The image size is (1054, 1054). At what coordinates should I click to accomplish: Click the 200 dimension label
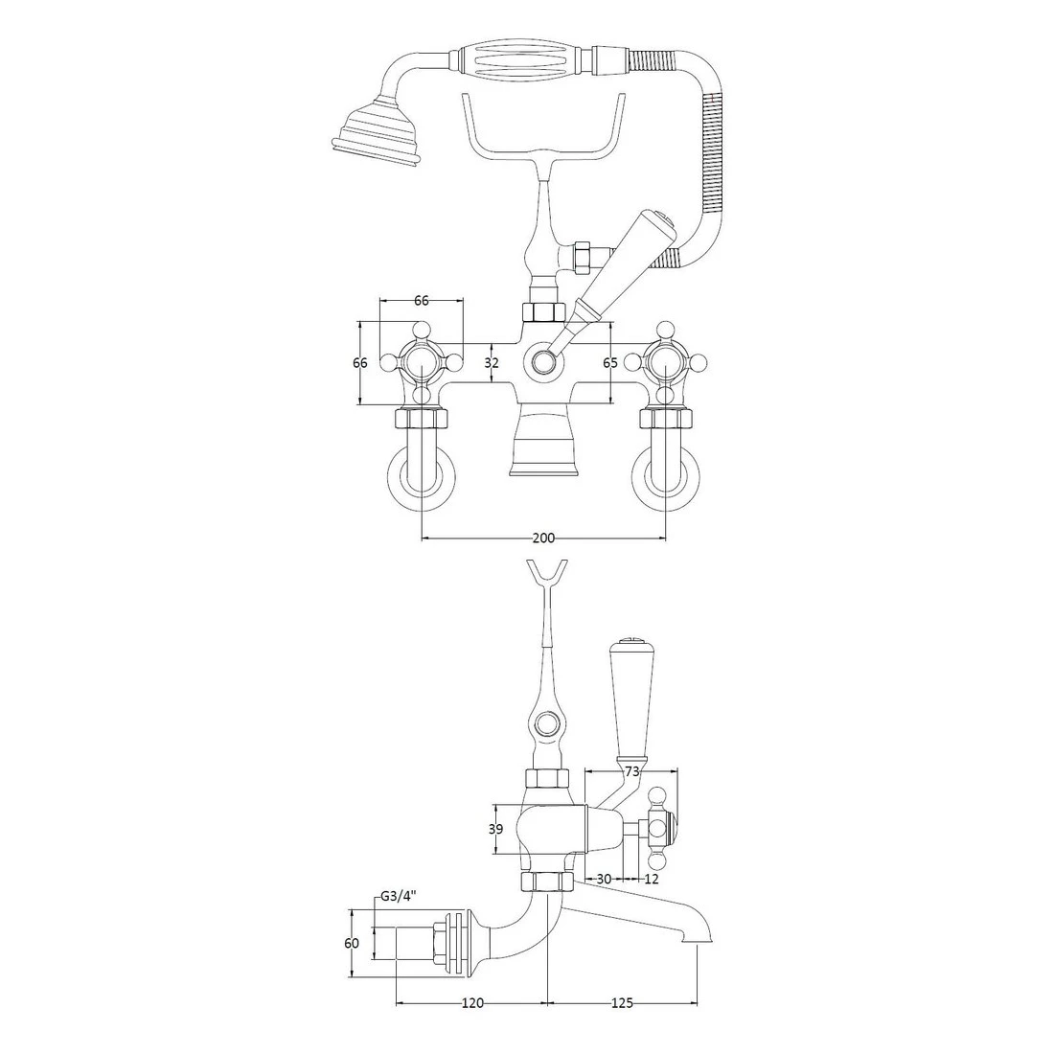pyautogui.click(x=542, y=538)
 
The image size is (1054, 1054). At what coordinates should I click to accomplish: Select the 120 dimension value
pyautogui.click(x=471, y=1003)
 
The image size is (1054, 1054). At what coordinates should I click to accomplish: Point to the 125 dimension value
pyautogui.click(x=621, y=1003)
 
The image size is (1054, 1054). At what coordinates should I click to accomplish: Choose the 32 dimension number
pyautogui.click(x=492, y=363)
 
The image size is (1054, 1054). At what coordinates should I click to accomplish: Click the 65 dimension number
pyautogui.click(x=609, y=363)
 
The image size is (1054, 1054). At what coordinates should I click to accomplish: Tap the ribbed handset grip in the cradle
pyautogui.click(x=524, y=61)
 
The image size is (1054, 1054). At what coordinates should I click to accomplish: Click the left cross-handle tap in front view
pyautogui.click(x=422, y=362)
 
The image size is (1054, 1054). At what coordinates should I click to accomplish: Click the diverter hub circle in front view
pyautogui.click(x=543, y=362)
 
